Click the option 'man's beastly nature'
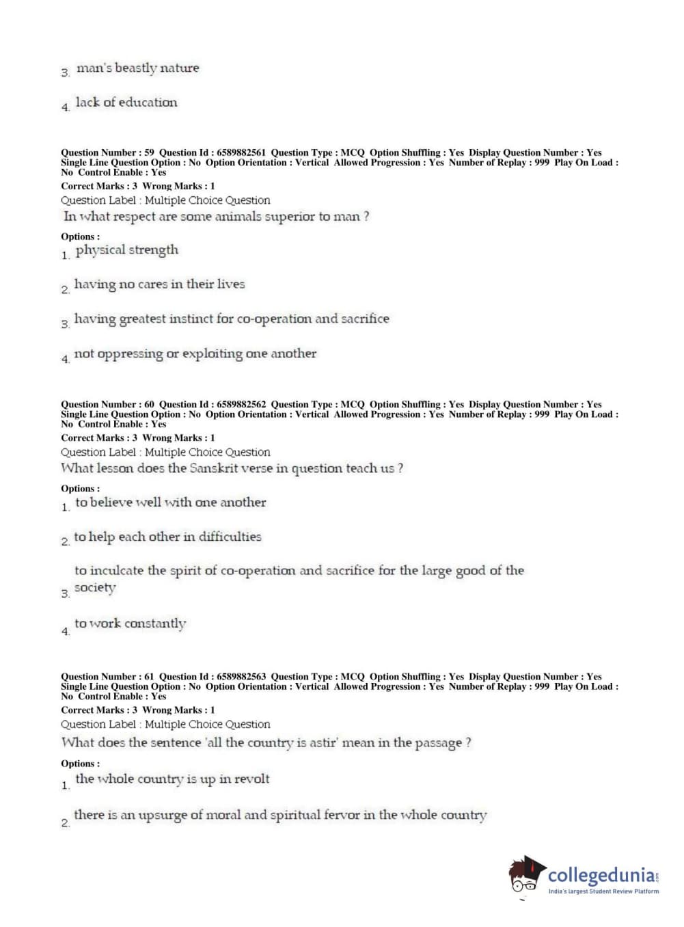[x=137, y=68]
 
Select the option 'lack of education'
[x=126, y=103]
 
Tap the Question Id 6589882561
[x=241, y=153]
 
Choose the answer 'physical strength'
[x=127, y=250]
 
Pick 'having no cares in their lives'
[x=159, y=284]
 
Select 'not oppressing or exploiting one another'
[x=195, y=354]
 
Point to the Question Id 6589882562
[x=241, y=405]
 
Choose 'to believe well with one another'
[x=171, y=502]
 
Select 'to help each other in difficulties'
[x=167, y=537]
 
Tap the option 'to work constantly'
[x=131, y=623]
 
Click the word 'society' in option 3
[x=95, y=588]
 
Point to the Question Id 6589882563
[x=241, y=677]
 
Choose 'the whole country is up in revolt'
[x=172, y=779]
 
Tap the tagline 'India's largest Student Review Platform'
[x=603, y=891]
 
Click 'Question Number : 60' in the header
[x=107, y=405]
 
